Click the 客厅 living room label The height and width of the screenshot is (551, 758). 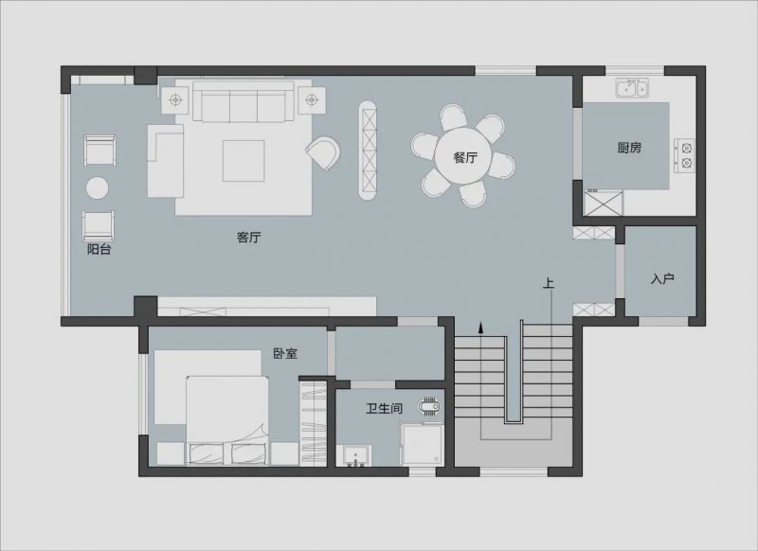249,237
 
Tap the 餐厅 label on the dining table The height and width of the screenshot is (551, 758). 465,157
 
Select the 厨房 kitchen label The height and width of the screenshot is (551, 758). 629,148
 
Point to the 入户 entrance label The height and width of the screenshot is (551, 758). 662,278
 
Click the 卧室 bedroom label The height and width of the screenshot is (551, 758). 285,353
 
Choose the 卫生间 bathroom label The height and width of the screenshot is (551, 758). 384,409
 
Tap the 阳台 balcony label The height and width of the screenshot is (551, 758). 99,249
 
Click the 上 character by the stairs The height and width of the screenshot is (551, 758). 548,283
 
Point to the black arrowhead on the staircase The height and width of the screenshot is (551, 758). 481,328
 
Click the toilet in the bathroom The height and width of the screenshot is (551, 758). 430,406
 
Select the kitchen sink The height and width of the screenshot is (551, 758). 632,88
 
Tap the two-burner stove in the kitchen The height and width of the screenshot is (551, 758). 684,155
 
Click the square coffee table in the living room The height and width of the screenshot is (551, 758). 244,161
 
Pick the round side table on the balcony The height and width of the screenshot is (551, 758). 98,187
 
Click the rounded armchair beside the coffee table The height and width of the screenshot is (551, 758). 323,152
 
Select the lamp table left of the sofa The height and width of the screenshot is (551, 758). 175,100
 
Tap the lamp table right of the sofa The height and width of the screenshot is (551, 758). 312,100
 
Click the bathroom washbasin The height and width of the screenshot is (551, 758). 356,456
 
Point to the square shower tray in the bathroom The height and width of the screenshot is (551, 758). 422,444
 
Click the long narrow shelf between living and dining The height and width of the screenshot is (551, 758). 368,151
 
